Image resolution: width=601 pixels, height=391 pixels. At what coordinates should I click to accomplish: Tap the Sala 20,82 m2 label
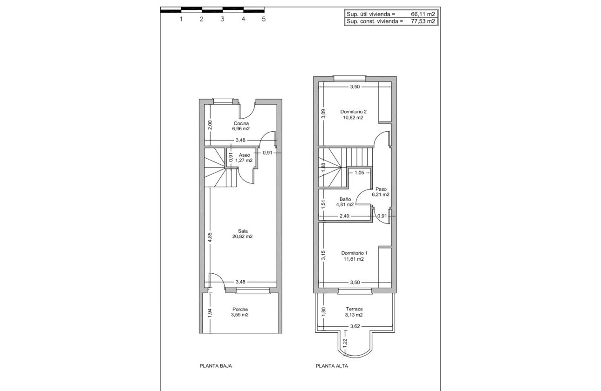click(x=242, y=234)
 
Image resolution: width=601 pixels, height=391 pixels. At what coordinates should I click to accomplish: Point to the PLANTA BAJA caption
click(x=216, y=366)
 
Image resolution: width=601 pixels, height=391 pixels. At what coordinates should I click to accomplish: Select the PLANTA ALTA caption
click(x=332, y=366)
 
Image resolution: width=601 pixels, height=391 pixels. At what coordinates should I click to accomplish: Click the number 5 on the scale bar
click(x=264, y=19)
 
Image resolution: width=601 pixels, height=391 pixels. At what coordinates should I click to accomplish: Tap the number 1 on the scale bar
click(x=181, y=19)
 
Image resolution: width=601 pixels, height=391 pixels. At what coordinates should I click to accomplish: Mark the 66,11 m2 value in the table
click(x=423, y=14)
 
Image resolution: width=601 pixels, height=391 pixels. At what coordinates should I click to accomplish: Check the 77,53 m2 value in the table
click(x=423, y=21)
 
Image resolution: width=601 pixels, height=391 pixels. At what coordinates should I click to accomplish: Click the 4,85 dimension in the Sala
click(x=210, y=237)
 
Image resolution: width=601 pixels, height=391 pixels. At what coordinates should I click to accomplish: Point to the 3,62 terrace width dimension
click(x=355, y=326)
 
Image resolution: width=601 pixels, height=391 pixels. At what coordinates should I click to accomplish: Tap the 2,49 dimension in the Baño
click(x=344, y=216)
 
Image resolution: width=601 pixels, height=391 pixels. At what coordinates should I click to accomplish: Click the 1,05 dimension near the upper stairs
click(x=359, y=173)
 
